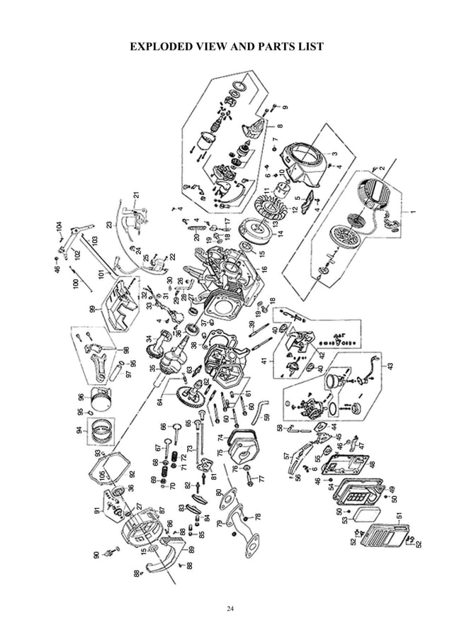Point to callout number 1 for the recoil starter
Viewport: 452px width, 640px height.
[x=413, y=211]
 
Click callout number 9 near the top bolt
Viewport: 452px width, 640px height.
[x=286, y=108]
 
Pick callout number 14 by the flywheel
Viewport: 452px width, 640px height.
[x=281, y=237]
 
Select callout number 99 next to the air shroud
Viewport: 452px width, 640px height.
[x=92, y=308]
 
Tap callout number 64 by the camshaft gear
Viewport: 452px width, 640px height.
[x=160, y=402]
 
